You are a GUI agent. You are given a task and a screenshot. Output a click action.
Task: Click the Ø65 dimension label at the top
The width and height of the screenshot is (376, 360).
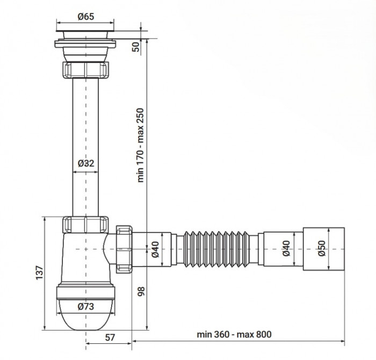(85, 17)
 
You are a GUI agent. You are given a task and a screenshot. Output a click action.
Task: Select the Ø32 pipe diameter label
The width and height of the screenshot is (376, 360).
(86, 162)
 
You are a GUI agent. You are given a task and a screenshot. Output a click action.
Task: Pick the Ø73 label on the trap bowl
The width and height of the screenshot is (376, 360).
(86, 307)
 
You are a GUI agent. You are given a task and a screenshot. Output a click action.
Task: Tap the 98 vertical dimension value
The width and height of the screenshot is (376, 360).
(141, 291)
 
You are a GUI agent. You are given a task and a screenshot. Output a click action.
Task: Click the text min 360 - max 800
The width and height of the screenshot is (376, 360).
(234, 334)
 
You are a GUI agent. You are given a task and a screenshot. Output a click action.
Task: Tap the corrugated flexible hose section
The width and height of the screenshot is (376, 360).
(218, 249)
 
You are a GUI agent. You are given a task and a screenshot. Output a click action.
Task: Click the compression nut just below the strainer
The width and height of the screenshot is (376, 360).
(86, 70)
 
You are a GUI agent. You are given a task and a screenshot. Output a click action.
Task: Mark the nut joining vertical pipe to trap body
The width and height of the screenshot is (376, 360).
(86, 224)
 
